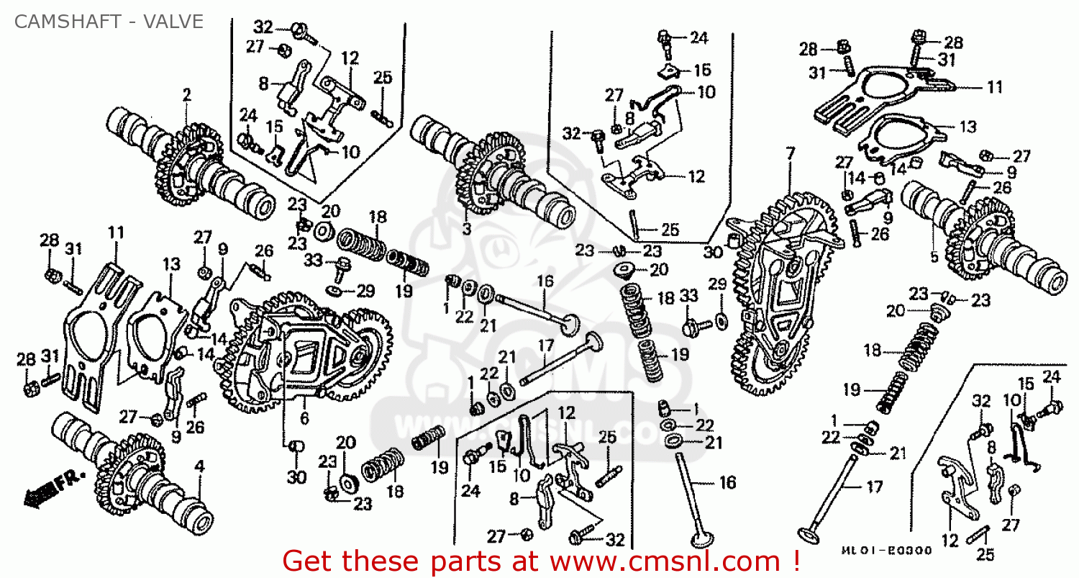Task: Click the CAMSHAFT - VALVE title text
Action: pyautogui.click(x=108, y=22)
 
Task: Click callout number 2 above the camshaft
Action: pyautogui.click(x=186, y=95)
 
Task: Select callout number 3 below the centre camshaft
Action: pyautogui.click(x=466, y=230)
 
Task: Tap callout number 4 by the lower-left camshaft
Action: pyautogui.click(x=199, y=465)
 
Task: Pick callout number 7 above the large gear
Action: pyautogui.click(x=791, y=153)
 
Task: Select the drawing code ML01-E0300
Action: pyautogui.click(x=887, y=551)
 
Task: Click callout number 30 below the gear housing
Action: pyautogui.click(x=297, y=477)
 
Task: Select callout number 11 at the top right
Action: pyautogui.click(x=994, y=87)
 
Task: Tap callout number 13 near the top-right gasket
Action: pyautogui.click(x=968, y=127)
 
